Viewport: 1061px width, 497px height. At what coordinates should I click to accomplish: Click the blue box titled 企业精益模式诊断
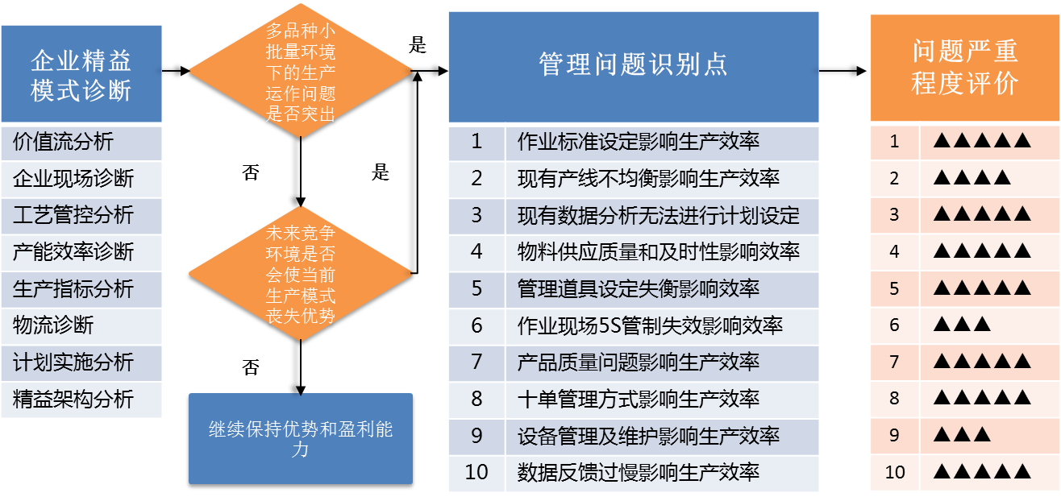[x=81, y=74]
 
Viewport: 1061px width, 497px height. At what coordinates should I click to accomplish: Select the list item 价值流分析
[x=63, y=142]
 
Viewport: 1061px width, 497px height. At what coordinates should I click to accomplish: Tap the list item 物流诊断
[x=53, y=325]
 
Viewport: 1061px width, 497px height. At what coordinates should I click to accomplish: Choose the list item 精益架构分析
[x=73, y=399]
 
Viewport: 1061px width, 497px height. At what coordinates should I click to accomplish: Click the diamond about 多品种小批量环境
[x=300, y=71]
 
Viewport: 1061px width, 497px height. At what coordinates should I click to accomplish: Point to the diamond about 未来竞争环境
[x=300, y=274]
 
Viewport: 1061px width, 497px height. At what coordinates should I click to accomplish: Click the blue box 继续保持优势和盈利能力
[x=301, y=439]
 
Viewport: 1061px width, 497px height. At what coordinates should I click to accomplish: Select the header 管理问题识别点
[x=634, y=67]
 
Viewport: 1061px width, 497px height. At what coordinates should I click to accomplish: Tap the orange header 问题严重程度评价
[x=965, y=67]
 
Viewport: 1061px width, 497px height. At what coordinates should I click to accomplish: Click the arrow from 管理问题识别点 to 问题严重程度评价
[x=843, y=71]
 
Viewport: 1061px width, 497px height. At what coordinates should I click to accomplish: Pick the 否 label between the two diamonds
[x=251, y=172]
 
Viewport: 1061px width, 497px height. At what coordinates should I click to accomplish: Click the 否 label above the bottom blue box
[x=251, y=367]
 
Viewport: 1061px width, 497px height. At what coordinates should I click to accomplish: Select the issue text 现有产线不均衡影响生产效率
[x=648, y=179]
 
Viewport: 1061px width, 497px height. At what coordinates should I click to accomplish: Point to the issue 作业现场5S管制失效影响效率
[x=650, y=325]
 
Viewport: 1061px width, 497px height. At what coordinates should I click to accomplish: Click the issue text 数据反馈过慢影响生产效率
[x=638, y=472]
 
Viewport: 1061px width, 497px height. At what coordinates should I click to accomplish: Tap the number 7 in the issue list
[x=477, y=362]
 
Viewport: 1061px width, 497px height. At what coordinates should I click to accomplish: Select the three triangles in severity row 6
[x=962, y=325]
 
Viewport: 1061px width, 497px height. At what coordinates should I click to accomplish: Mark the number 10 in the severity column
[x=895, y=472]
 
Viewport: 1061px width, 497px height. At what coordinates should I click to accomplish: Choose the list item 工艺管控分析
[x=73, y=215]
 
